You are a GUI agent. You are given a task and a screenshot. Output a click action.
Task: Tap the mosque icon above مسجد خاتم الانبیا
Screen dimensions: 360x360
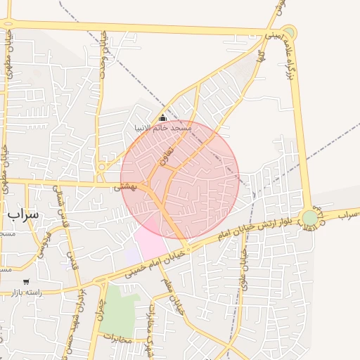[x=162, y=118]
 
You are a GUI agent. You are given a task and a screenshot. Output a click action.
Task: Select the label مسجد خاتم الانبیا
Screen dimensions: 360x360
[x=162, y=129]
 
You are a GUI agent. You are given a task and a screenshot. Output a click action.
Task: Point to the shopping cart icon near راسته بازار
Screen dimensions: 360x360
[x=26, y=281]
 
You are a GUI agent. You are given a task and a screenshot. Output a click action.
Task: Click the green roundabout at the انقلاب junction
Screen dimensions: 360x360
[x=309, y=218]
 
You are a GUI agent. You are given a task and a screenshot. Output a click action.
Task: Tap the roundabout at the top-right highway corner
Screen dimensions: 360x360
[x=289, y=33]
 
